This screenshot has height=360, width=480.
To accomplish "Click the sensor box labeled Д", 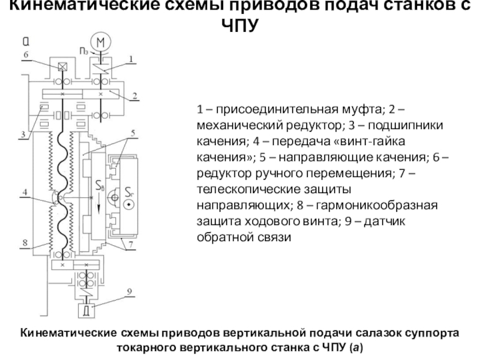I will pos(86,311).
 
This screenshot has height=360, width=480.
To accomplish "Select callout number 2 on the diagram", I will pos(136,95).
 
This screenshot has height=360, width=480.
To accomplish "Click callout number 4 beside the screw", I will pos(25,193).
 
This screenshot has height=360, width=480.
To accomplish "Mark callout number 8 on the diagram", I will pos(25,243).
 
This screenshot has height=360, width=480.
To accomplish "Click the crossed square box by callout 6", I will pos(61,67).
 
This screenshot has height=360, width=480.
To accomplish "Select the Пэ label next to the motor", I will pos(82,53).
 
